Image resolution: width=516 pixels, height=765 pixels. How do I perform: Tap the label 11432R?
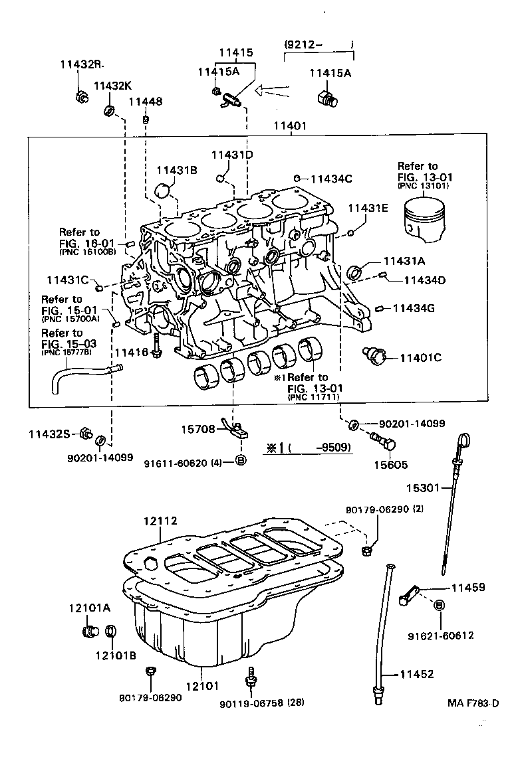(x=82, y=64)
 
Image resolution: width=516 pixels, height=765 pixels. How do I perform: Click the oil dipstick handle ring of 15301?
(x=465, y=440)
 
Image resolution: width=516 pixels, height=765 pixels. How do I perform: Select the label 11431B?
(x=177, y=170)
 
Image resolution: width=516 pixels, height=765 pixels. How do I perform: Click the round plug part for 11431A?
(x=356, y=272)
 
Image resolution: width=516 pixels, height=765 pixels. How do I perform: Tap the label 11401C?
(x=422, y=358)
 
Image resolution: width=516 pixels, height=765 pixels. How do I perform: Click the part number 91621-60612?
(x=441, y=636)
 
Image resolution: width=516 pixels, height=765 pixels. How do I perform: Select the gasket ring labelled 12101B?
(x=112, y=630)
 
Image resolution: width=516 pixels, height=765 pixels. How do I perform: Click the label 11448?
(x=145, y=102)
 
